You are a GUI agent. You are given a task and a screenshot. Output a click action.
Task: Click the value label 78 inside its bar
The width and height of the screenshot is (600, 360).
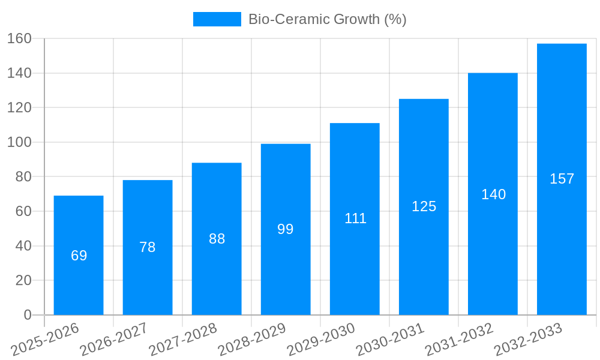click(148, 247)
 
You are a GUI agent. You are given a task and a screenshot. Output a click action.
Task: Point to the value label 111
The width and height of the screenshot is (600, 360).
click(355, 218)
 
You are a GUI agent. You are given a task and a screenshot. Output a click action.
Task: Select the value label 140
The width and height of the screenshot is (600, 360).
click(493, 194)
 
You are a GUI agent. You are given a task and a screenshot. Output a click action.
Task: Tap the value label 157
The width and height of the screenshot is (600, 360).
click(562, 179)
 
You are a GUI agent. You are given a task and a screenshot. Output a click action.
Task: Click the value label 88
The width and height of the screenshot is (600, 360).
click(217, 239)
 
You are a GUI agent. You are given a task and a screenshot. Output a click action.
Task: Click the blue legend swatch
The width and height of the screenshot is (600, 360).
click(217, 19)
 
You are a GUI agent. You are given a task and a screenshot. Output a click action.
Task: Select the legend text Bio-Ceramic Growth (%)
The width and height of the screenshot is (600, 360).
click(327, 19)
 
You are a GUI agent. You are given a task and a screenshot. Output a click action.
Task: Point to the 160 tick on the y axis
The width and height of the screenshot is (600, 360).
click(19, 39)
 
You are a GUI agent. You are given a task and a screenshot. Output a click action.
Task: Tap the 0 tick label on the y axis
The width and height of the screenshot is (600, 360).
click(27, 315)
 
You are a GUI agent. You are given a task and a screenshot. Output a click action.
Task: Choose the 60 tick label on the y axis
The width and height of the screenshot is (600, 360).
click(23, 211)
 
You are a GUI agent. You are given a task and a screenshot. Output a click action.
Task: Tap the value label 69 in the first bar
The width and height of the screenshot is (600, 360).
click(79, 256)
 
